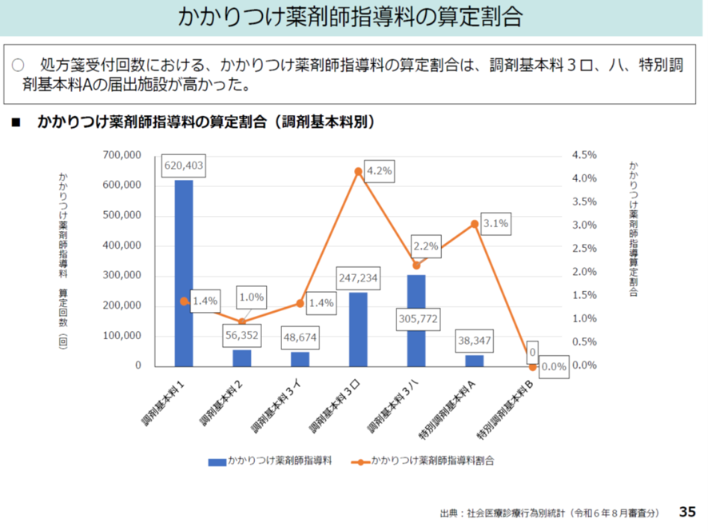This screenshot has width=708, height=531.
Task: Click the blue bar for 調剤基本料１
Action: coord(184,272)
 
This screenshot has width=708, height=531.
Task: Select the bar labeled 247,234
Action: coord(358,329)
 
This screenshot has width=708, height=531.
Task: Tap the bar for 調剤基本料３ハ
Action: coord(416,320)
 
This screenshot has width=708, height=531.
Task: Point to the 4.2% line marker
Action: coord(358,171)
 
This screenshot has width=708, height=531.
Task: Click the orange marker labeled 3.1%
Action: coord(475,225)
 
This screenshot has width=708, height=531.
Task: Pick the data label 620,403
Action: coord(184,166)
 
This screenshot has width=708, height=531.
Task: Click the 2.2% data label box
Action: coord(425,246)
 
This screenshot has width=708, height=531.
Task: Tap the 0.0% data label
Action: coord(553,367)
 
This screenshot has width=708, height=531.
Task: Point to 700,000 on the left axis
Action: coord(122,155)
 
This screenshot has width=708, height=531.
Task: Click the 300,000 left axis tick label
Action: coord(122,276)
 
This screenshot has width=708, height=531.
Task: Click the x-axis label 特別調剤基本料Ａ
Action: coord(448,409)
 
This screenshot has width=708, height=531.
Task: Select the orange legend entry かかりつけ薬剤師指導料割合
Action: coord(424,461)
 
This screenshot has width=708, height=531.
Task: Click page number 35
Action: coord(687,511)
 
